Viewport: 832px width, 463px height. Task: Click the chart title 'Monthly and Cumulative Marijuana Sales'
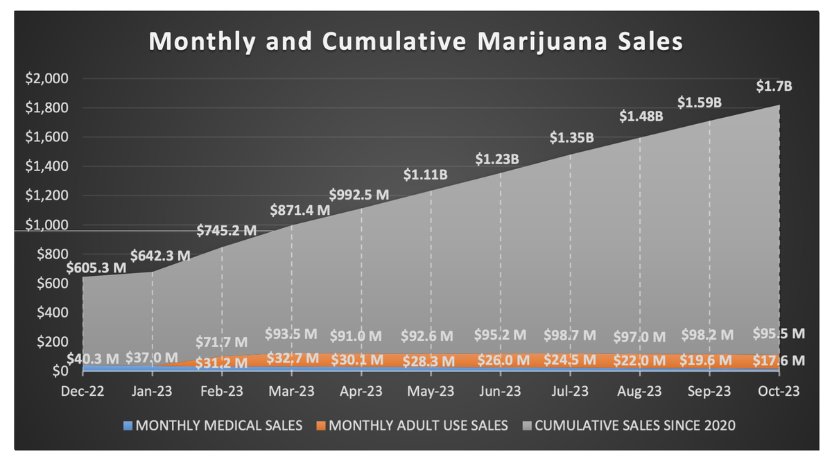pyautogui.click(x=416, y=42)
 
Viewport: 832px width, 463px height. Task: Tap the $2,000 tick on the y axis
pyautogui.click(x=48, y=79)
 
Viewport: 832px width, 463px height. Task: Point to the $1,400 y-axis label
pyautogui.click(x=48, y=166)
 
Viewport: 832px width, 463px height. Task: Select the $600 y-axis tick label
pyautogui.click(x=53, y=283)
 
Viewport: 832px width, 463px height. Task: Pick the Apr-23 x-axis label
pyautogui.click(x=361, y=391)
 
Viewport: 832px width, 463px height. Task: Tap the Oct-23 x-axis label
pyautogui.click(x=778, y=391)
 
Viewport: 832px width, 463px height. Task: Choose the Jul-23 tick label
pyautogui.click(x=571, y=391)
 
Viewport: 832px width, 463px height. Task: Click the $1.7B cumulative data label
pyautogui.click(x=773, y=87)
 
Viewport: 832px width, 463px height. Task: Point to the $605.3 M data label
pyautogui.click(x=97, y=268)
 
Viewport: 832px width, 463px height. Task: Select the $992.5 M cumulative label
pyautogui.click(x=359, y=194)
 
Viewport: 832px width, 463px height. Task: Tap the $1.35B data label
pyautogui.click(x=571, y=138)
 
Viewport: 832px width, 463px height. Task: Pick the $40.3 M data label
pyautogui.click(x=94, y=358)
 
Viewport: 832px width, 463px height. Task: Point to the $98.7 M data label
pyautogui.click(x=570, y=335)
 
